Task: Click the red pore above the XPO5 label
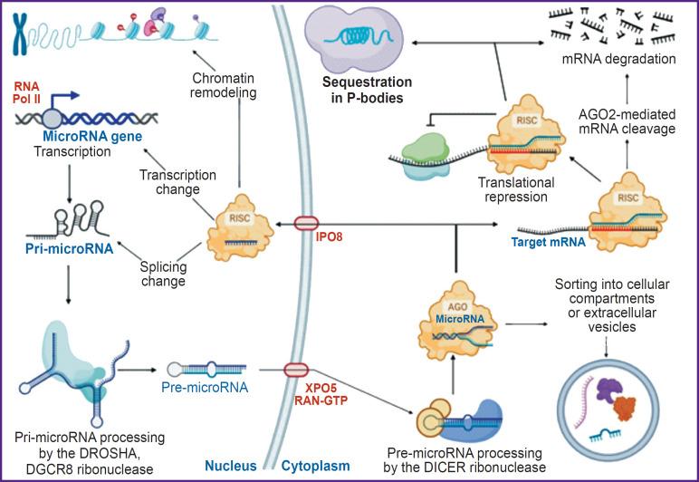click(x=296, y=370)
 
